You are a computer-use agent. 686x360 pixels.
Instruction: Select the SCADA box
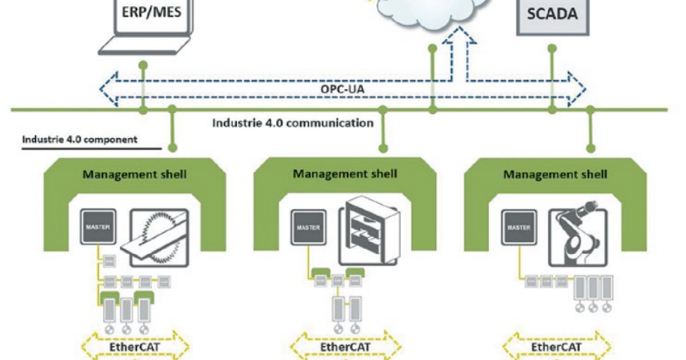(552, 14)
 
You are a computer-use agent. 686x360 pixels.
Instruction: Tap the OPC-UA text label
(342, 91)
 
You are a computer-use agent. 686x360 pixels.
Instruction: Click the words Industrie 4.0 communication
(293, 123)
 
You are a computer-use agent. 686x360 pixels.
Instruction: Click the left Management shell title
(135, 174)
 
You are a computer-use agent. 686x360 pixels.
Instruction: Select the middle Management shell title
(345, 173)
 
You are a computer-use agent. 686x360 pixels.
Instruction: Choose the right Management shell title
(555, 174)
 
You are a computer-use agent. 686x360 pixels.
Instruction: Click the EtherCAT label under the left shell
(135, 347)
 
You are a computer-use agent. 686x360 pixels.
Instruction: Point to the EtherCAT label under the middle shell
(345, 347)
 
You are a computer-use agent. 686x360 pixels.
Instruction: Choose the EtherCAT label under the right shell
(555, 347)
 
